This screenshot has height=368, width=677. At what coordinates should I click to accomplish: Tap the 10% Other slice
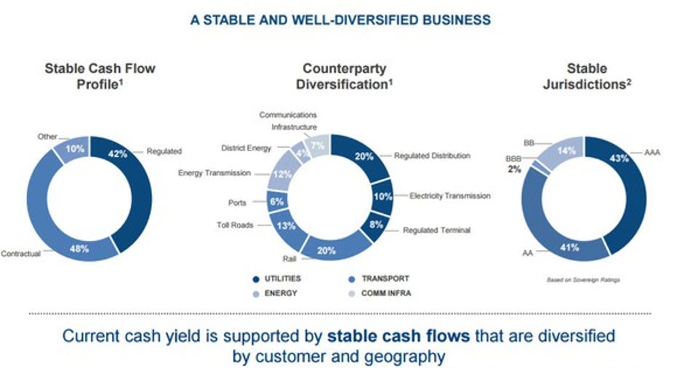73,148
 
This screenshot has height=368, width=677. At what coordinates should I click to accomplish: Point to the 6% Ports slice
277,202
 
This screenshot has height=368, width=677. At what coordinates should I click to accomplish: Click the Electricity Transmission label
450,196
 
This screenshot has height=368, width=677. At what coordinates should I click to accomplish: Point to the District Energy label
246,148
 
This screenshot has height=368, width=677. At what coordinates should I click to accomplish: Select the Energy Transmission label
214,173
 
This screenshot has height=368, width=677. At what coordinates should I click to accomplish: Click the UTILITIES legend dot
256,279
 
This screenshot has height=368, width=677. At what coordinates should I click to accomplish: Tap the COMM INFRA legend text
386,293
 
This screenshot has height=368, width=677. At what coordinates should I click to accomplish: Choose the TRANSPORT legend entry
379,279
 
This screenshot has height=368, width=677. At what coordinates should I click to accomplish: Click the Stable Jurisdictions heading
587,76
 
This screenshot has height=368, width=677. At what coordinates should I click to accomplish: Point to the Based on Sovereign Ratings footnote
583,280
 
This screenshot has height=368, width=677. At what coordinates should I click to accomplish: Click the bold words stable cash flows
398,336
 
